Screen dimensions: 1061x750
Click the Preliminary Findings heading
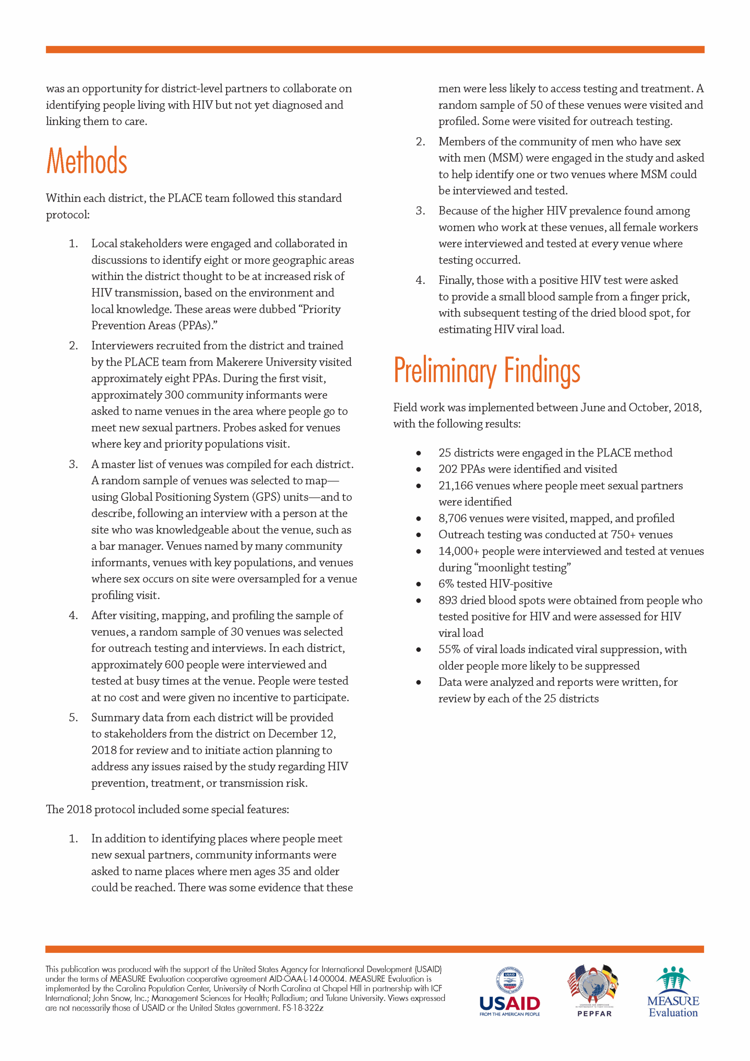coord(486,371)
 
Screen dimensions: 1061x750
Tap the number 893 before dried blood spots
coord(448,600)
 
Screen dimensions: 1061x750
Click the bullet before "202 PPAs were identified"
coord(419,470)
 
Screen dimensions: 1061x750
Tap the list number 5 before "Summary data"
coord(73,718)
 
